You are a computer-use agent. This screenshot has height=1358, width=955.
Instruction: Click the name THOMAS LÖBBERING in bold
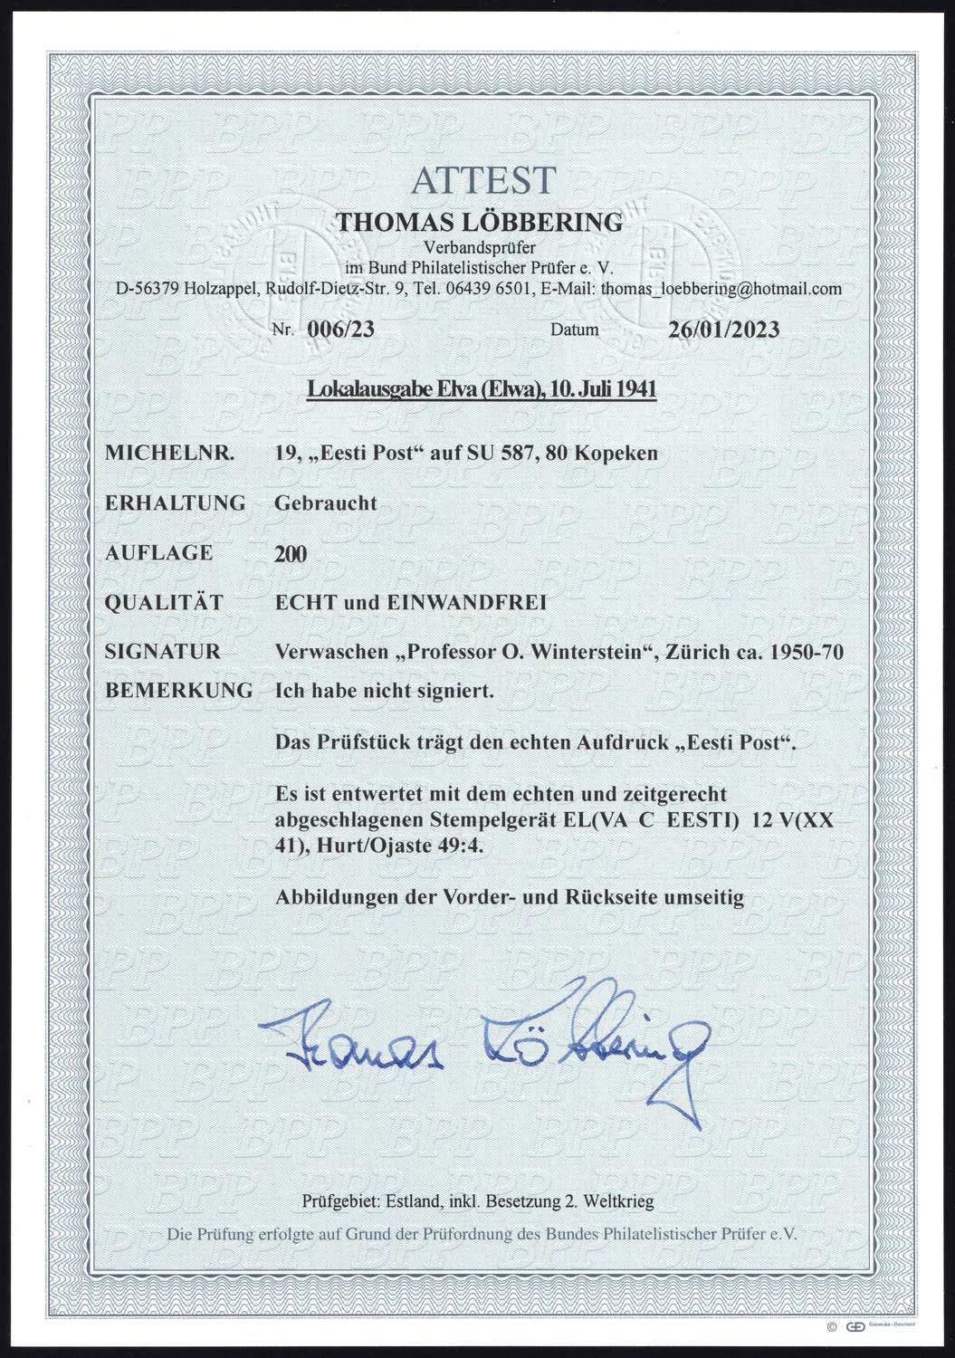pyautogui.click(x=480, y=222)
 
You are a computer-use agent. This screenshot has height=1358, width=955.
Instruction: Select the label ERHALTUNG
pyautogui.click(x=176, y=502)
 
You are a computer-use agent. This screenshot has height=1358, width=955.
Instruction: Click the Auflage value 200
pyautogui.click(x=291, y=552)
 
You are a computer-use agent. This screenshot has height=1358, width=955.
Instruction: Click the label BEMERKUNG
pyautogui.click(x=179, y=690)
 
